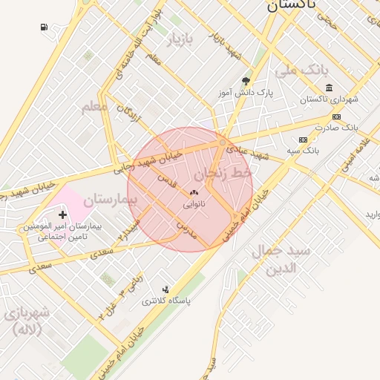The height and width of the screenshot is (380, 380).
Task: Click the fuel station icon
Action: click(x=44, y=27)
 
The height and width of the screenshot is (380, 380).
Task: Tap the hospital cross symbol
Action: click(x=62, y=214)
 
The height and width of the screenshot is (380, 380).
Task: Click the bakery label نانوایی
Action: click(x=194, y=202)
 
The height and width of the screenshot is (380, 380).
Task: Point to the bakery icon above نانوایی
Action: click(x=194, y=192)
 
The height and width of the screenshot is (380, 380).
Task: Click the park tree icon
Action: click(x=246, y=82)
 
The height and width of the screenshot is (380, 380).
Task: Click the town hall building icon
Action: click(x=329, y=88)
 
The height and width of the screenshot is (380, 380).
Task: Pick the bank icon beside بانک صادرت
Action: click(x=336, y=117)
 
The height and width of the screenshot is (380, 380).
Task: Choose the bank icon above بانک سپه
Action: click(x=303, y=140)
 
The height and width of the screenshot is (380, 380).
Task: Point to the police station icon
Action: click(x=166, y=289)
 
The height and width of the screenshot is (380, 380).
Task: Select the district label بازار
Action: click(x=180, y=41)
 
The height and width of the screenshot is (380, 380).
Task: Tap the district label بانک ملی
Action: click(x=301, y=71)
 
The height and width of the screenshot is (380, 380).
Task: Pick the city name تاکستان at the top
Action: click(x=292, y=5)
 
